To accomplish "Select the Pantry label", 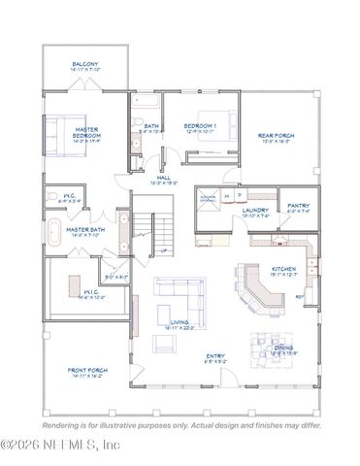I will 297,206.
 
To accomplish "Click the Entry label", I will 215,356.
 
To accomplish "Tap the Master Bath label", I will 85,229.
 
